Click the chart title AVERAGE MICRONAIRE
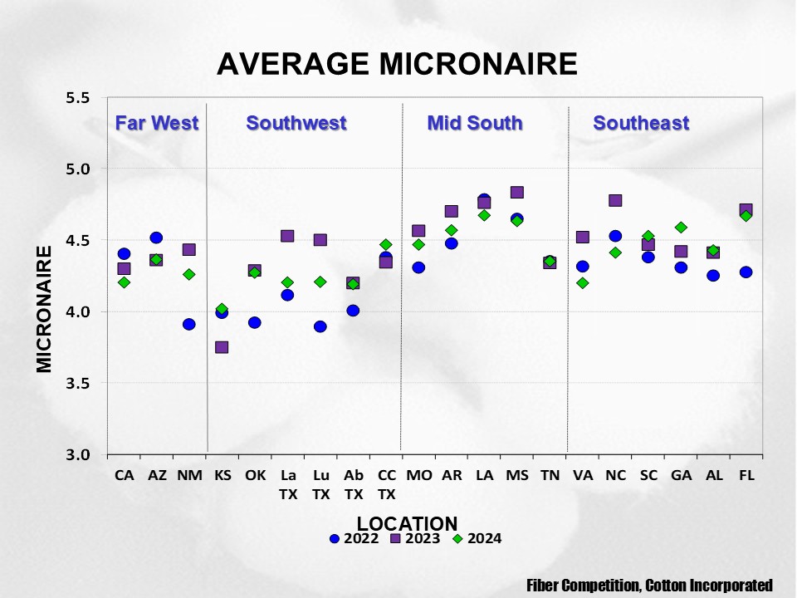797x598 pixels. coord(397,64)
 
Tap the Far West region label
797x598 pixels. coord(156,124)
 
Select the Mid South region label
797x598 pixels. coord(475,124)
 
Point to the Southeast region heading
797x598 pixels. coord(641,124)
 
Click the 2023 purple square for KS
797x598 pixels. coord(222,347)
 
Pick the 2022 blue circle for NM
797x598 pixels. coord(189,324)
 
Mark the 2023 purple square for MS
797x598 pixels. coord(516,193)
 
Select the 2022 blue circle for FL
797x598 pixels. coord(746,272)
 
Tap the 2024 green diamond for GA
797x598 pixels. coord(681,227)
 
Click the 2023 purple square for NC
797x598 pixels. coord(615,200)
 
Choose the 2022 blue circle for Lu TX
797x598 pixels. coord(320,326)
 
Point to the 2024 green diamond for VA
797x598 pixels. coord(583,282)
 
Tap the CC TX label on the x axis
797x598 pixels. coord(386,484)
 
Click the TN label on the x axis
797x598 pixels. coord(550,476)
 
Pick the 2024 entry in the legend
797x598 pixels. coord(477,538)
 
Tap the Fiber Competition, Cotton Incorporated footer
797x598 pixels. coord(650,586)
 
